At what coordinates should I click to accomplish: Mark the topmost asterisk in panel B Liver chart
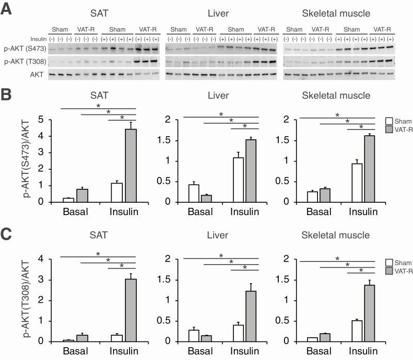[x=221, y=114]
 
